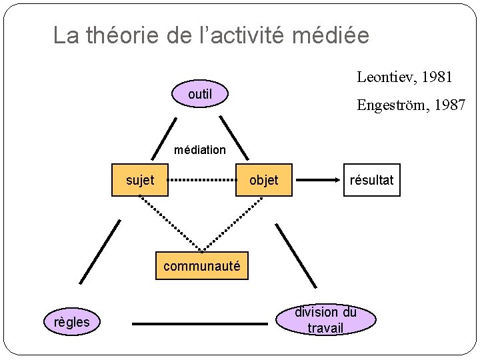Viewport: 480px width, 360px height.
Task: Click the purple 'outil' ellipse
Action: (x=200, y=95)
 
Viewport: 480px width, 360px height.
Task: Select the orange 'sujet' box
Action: (x=140, y=180)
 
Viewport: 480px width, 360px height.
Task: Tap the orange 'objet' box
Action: (x=264, y=180)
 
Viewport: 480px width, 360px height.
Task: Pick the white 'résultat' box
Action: (x=372, y=180)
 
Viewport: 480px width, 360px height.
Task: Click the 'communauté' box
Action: (x=201, y=266)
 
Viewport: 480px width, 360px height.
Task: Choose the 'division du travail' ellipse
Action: (x=325, y=320)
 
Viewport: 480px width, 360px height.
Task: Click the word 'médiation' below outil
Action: (x=200, y=150)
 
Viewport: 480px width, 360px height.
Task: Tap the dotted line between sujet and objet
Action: (x=203, y=180)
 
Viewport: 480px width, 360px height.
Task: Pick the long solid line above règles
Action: (x=101, y=252)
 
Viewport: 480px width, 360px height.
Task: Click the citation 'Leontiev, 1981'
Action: (x=405, y=77)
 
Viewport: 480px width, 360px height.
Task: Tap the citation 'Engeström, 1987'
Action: (x=411, y=105)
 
